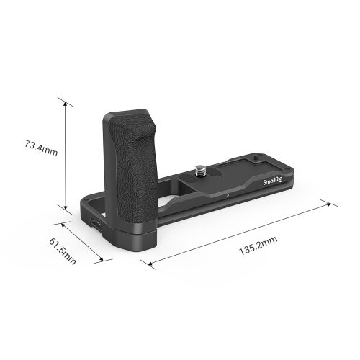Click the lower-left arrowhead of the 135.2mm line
(x=151, y=265)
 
